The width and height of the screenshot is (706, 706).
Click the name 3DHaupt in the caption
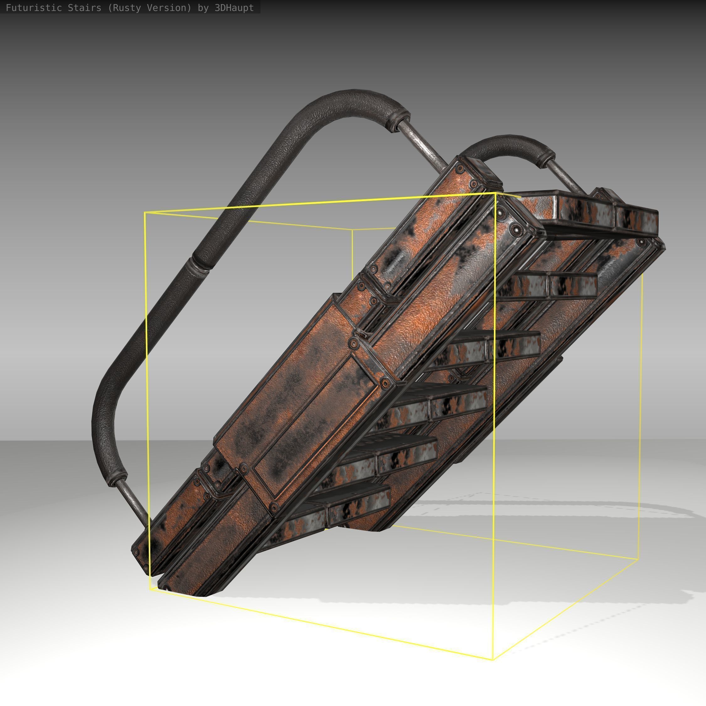tap(234, 8)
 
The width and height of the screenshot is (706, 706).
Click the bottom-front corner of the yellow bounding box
tap(493, 660)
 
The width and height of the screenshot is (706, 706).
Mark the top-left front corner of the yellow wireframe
tap(145, 212)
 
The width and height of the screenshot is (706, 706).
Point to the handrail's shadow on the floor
tap(548, 508)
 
